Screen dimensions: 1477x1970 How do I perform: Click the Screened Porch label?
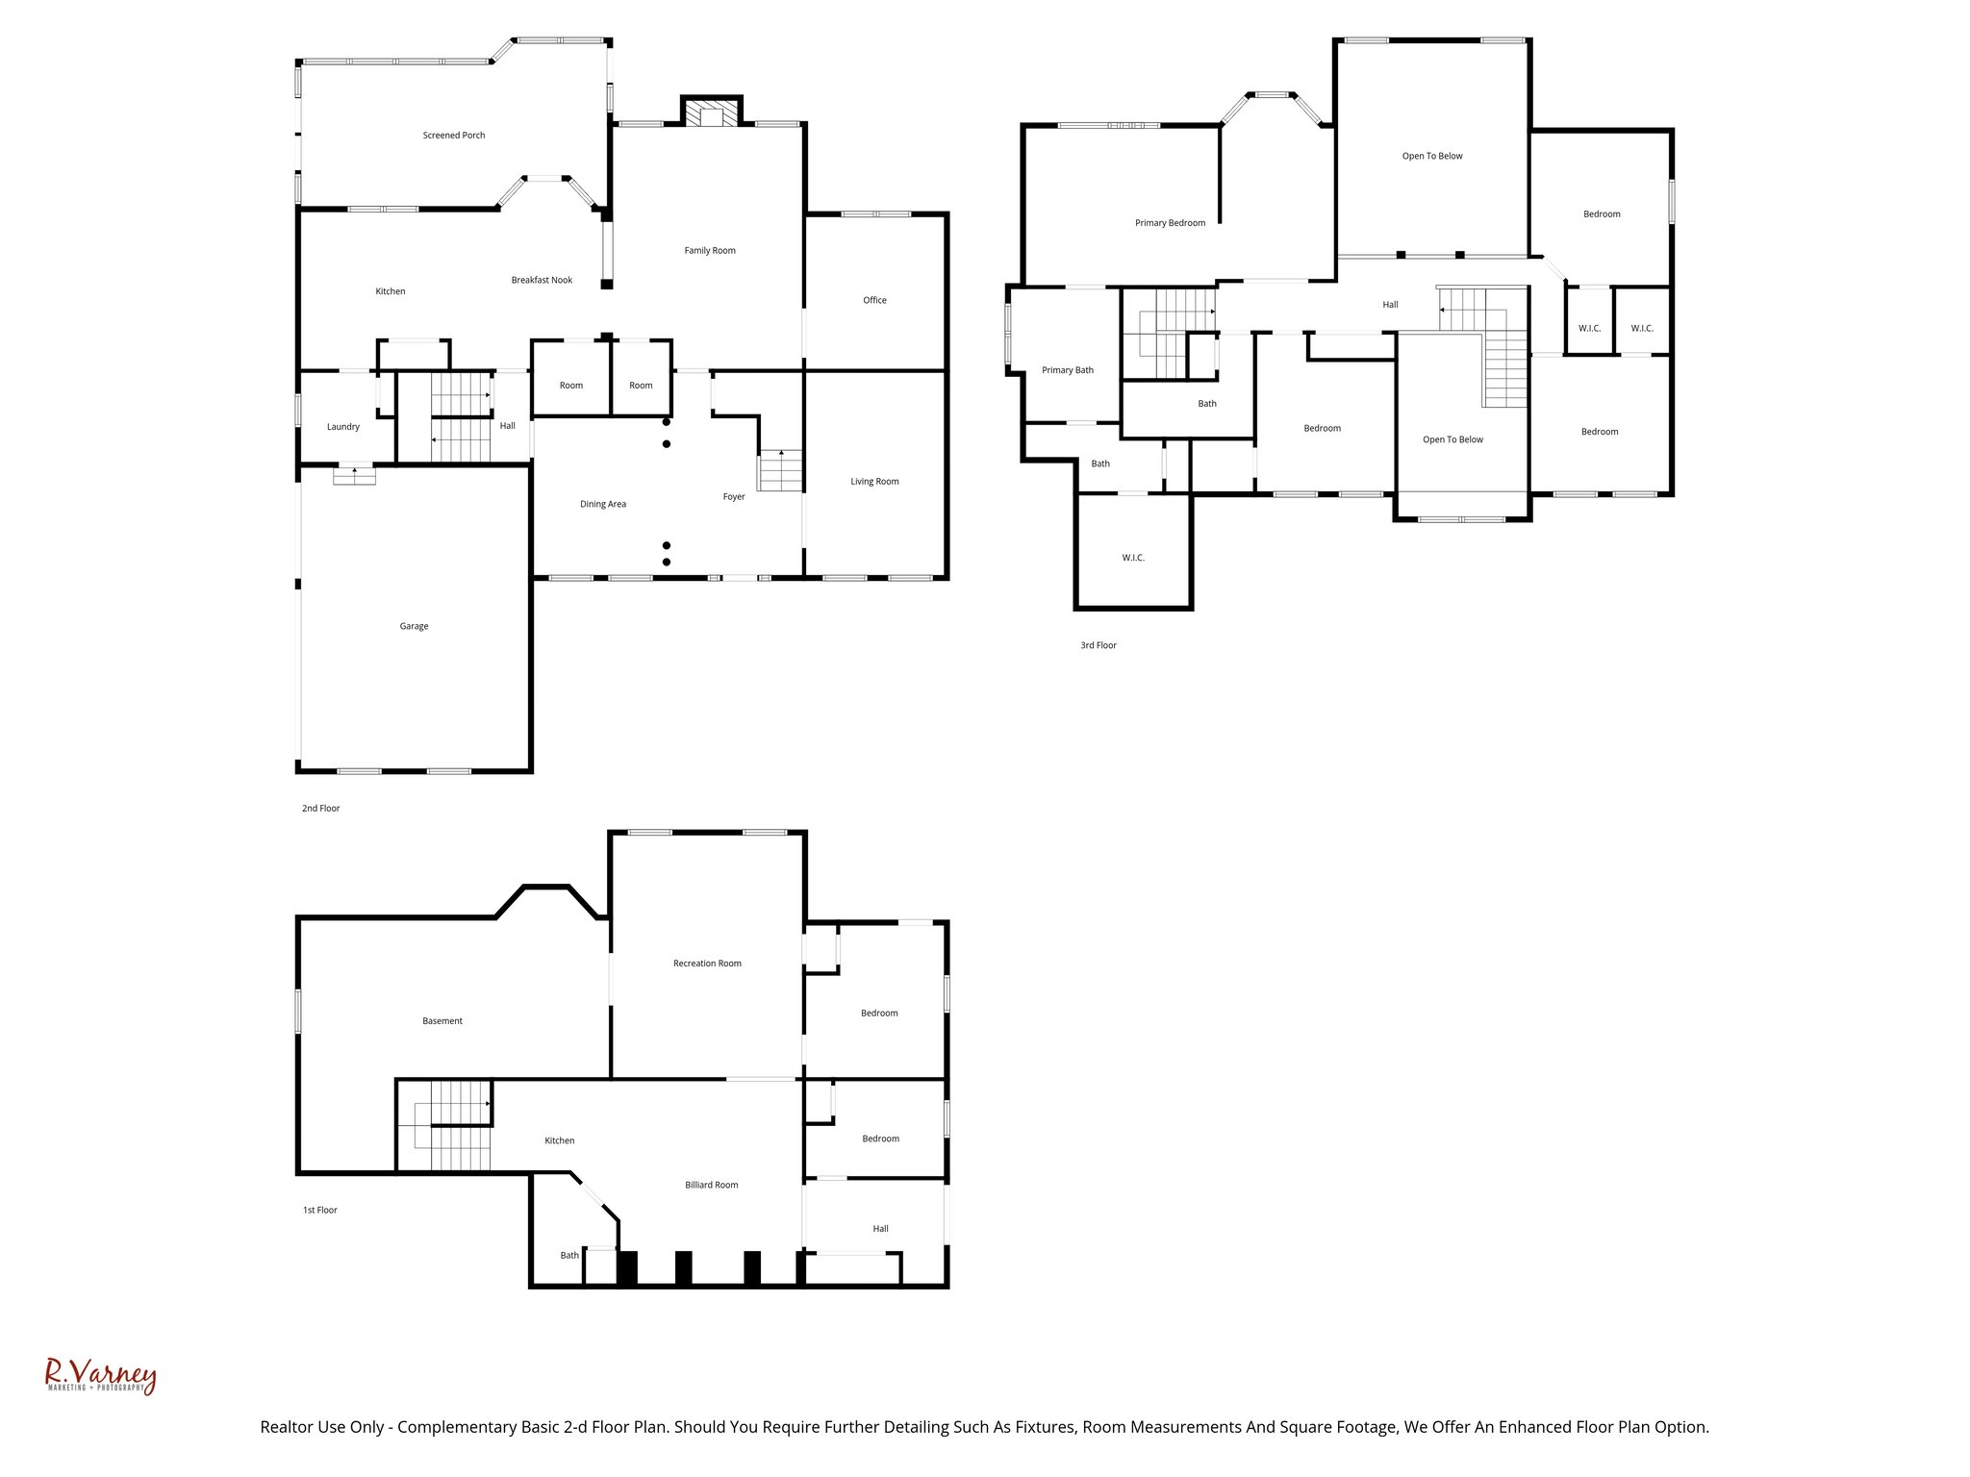coord(454,136)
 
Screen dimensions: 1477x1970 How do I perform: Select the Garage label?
coord(414,626)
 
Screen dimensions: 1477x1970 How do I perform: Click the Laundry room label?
coord(343,427)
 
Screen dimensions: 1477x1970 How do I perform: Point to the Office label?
coord(874,300)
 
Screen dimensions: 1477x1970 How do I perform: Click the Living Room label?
coord(874,482)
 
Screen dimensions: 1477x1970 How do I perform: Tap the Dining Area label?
coord(603,504)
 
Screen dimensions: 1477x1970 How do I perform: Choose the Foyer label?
coord(734,497)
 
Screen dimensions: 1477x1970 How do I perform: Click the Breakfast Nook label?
coord(542,280)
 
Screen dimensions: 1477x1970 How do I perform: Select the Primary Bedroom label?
coord(1170,223)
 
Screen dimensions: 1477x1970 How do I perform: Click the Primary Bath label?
coord(1068,370)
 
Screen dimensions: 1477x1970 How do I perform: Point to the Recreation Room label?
coord(707,964)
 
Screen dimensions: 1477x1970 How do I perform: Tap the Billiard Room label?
coord(712,1185)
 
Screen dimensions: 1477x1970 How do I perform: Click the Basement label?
coord(442,1021)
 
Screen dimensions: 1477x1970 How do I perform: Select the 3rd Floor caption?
coord(1099,645)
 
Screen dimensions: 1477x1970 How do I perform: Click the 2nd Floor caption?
coord(321,809)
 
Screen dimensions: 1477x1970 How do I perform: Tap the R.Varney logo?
coord(100,1376)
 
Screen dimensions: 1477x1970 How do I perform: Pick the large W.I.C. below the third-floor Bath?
coord(1133,558)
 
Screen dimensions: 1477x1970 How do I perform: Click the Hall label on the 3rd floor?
coord(1390,305)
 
